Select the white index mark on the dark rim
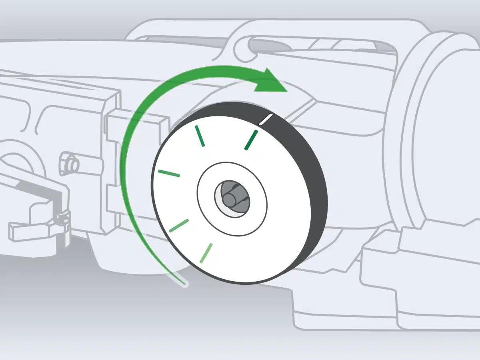[266, 119]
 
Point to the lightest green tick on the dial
[206, 253]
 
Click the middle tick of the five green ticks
[169, 173]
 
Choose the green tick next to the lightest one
[179, 226]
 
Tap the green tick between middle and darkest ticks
[200, 136]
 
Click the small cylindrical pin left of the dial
[68, 164]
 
